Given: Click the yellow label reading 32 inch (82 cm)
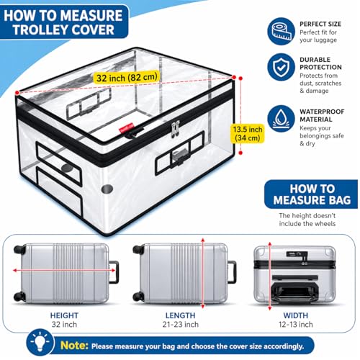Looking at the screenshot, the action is [127, 78].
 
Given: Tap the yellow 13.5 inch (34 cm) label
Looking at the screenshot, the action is [248, 133].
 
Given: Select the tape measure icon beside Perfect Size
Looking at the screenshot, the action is [281, 31].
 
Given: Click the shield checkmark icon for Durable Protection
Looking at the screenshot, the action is [281, 67].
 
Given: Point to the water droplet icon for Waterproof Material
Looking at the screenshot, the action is [281, 119].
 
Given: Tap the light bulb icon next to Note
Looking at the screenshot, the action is [40, 343].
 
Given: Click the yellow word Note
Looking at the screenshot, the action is [74, 346].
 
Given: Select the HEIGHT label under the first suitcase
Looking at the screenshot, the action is [64, 315].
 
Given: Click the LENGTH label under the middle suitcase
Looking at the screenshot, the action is [181, 315].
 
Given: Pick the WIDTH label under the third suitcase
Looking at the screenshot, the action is [296, 315].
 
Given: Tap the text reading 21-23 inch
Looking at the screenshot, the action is [181, 325].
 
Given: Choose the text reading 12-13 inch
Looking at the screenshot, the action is [296, 325].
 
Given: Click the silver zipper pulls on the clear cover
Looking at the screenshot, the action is [175, 129].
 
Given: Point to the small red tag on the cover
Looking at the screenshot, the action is [126, 127].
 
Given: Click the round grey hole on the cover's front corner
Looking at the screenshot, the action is [107, 189].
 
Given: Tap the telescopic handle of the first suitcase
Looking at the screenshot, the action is [114, 272].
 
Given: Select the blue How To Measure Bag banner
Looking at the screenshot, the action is [311, 194].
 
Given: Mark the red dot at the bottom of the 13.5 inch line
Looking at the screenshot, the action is [240, 153].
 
